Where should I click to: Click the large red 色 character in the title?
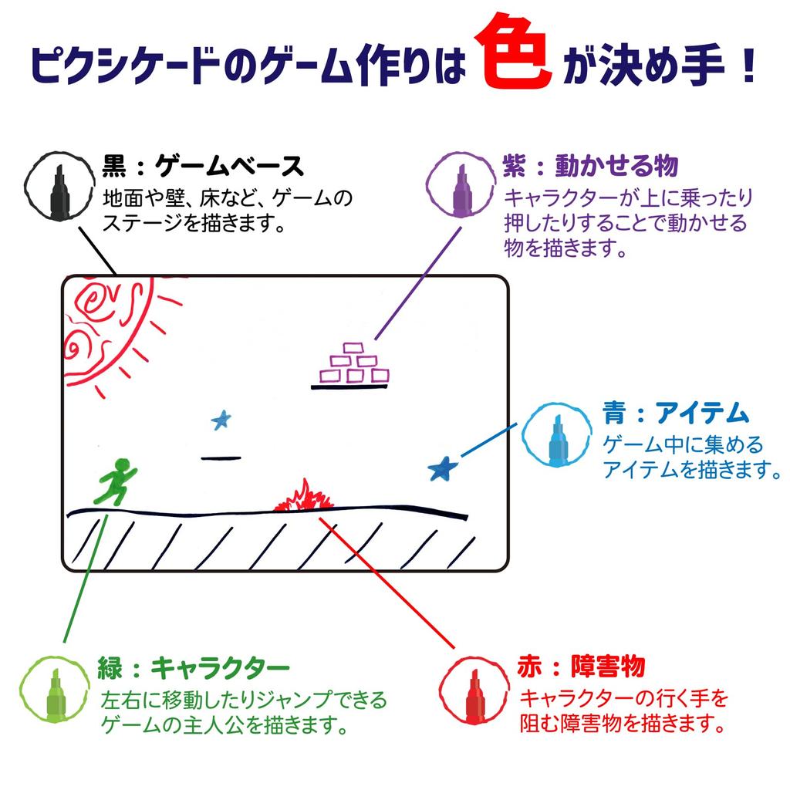click(x=512, y=52)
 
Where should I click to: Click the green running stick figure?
click(x=116, y=482)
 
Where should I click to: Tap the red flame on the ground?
click(x=304, y=496)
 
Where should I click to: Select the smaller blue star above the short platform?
click(x=221, y=419)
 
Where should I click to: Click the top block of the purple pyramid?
click(x=353, y=348)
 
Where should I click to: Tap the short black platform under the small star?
click(x=221, y=458)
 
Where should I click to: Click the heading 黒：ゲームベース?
click(x=203, y=167)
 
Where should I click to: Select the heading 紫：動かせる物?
click(x=590, y=166)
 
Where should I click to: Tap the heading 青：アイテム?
click(x=676, y=414)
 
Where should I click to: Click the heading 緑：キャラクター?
click(x=194, y=668)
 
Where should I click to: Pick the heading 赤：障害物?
click(x=582, y=667)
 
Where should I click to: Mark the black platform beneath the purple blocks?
click(x=349, y=387)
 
